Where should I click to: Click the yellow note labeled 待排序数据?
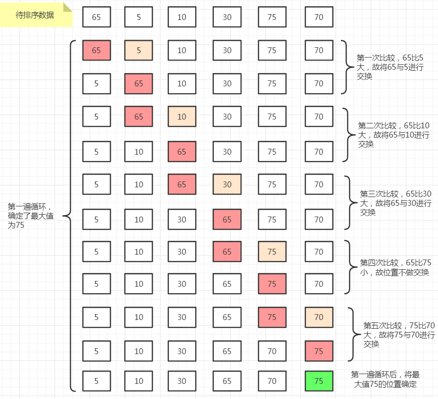point(35,15)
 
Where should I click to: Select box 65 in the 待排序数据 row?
point(97,17)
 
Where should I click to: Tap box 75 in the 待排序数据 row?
point(272,17)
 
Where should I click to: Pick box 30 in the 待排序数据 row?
point(227,17)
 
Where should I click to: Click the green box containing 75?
point(319,381)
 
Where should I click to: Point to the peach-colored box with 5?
point(139,50)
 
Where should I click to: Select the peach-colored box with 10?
point(182,117)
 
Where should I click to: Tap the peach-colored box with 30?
point(227,184)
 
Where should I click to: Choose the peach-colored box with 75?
point(272,252)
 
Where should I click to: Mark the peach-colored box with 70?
point(319,317)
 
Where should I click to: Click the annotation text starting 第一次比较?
point(390,67)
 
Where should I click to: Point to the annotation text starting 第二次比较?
point(394,135)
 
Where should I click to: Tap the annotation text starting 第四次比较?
point(396,267)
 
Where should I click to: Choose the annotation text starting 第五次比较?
point(398,335)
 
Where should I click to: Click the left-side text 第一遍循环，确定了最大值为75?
point(30,216)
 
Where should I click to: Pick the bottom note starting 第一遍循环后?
point(385,379)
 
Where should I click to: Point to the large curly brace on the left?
point(69,216)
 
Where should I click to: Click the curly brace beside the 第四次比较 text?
point(349,267)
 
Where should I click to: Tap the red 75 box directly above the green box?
point(319,351)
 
